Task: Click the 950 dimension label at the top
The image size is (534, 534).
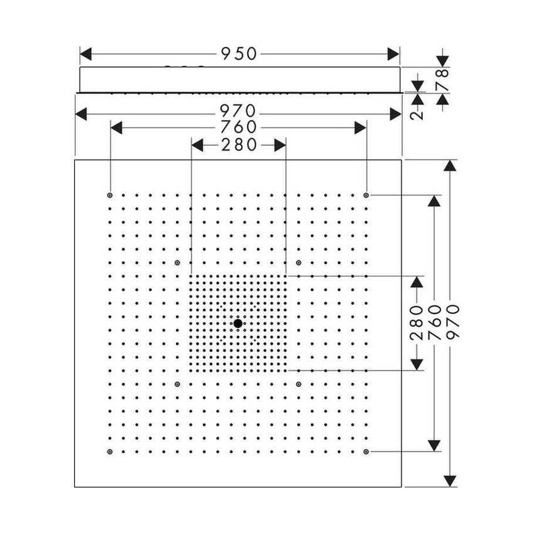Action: pyautogui.click(x=239, y=54)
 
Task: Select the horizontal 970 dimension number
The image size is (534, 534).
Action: pyautogui.click(x=237, y=111)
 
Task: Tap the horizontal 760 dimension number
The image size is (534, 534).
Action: pyautogui.click(x=238, y=128)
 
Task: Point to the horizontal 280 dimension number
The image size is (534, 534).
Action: pyautogui.click(x=239, y=145)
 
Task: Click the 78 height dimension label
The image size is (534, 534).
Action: pyautogui.click(x=442, y=80)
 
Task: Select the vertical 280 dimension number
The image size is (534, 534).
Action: pyautogui.click(x=417, y=323)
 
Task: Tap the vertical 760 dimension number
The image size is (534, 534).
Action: pyautogui.click(x=434, y=323)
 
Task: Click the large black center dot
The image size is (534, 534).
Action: pyautogui.click(x=238, y=323)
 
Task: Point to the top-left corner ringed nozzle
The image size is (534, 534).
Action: pyautogui.click(x=110, y=195)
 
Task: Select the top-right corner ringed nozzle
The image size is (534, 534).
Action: pyautogui.click(x=366, y=195)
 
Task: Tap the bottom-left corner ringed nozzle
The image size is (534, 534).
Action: pyautogui.click(x=110, y=452)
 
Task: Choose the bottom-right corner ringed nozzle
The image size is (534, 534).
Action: pyautogui.click(x=366, y=452)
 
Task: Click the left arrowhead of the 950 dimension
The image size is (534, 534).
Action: pyautogui.click(x=86, y=54)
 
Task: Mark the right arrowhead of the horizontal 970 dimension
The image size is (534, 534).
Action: pyautogui.click(x=395, y=114)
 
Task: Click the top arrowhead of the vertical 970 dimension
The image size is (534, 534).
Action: pyautogui.click(x=450, y=165)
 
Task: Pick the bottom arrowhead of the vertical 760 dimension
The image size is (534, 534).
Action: pyautogui.click(x=434, y=445)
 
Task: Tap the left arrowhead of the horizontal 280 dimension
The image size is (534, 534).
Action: pyautogui.click(x=197, y=145)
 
